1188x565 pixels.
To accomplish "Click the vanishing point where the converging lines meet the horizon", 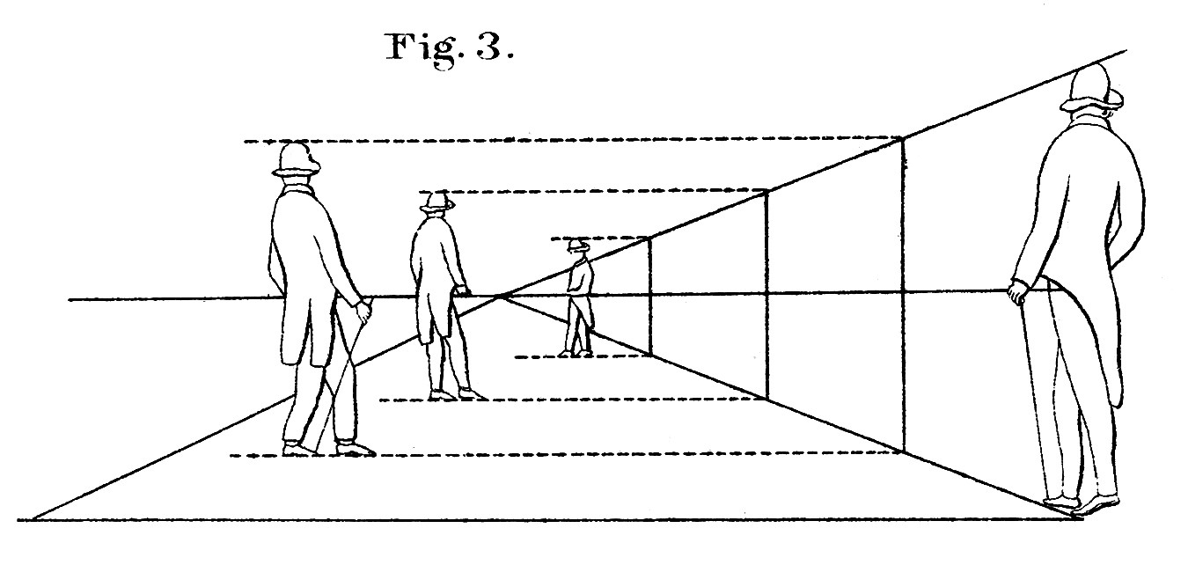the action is coord(502,296).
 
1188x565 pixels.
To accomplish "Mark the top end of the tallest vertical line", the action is coord(903,139).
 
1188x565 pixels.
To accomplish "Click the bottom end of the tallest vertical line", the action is coord(904,452).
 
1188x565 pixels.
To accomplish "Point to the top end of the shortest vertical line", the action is coord(650,238).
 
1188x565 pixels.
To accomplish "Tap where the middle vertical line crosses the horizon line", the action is coord(766,293).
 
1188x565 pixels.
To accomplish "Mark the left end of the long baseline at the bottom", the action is coord(18,520).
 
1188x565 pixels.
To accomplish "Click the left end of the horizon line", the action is coord(69,300).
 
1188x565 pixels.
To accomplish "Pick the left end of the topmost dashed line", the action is coord(245,142).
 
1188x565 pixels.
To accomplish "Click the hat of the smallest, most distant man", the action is coord(578,246).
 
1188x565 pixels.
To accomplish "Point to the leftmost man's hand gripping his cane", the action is coord(363,311).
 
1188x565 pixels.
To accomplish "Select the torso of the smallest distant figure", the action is coord(581,277).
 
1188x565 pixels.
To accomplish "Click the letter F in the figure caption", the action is coord(399,47).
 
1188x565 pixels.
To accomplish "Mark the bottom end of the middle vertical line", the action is coord(766,398).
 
